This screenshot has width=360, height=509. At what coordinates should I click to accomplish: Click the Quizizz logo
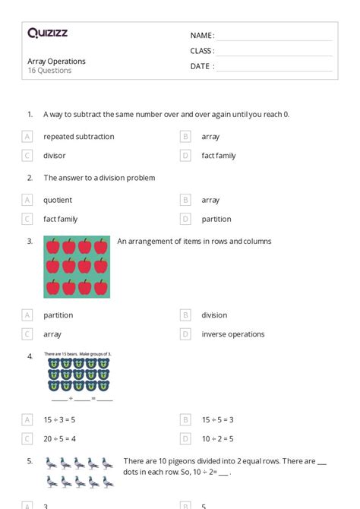pos(47,33)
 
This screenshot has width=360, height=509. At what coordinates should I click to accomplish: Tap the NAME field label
pos(201,36)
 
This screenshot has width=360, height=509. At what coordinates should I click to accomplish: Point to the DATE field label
pos(201,66)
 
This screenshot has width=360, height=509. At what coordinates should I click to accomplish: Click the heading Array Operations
pos(57,61)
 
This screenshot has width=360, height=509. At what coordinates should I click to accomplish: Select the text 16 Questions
pos(50,71)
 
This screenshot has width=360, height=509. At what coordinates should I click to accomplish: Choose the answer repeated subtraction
pos(79,137)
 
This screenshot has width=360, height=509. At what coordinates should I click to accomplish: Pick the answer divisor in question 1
pos(55,156)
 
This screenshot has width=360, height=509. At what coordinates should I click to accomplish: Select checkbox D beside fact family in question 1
pos(185,156)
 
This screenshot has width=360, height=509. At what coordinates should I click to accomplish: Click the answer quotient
pos(58,201)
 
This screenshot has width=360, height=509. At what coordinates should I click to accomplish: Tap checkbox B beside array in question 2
pos(185,201)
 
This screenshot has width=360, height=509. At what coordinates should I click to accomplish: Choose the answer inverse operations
pos(233,334)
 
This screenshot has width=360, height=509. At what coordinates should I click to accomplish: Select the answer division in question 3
pos(214,315)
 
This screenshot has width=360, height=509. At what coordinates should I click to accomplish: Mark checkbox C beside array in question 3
pos(27,334)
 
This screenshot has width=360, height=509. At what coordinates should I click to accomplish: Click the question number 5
pos(30,460)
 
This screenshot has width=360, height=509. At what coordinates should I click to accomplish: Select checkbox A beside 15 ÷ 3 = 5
pos(27,419)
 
